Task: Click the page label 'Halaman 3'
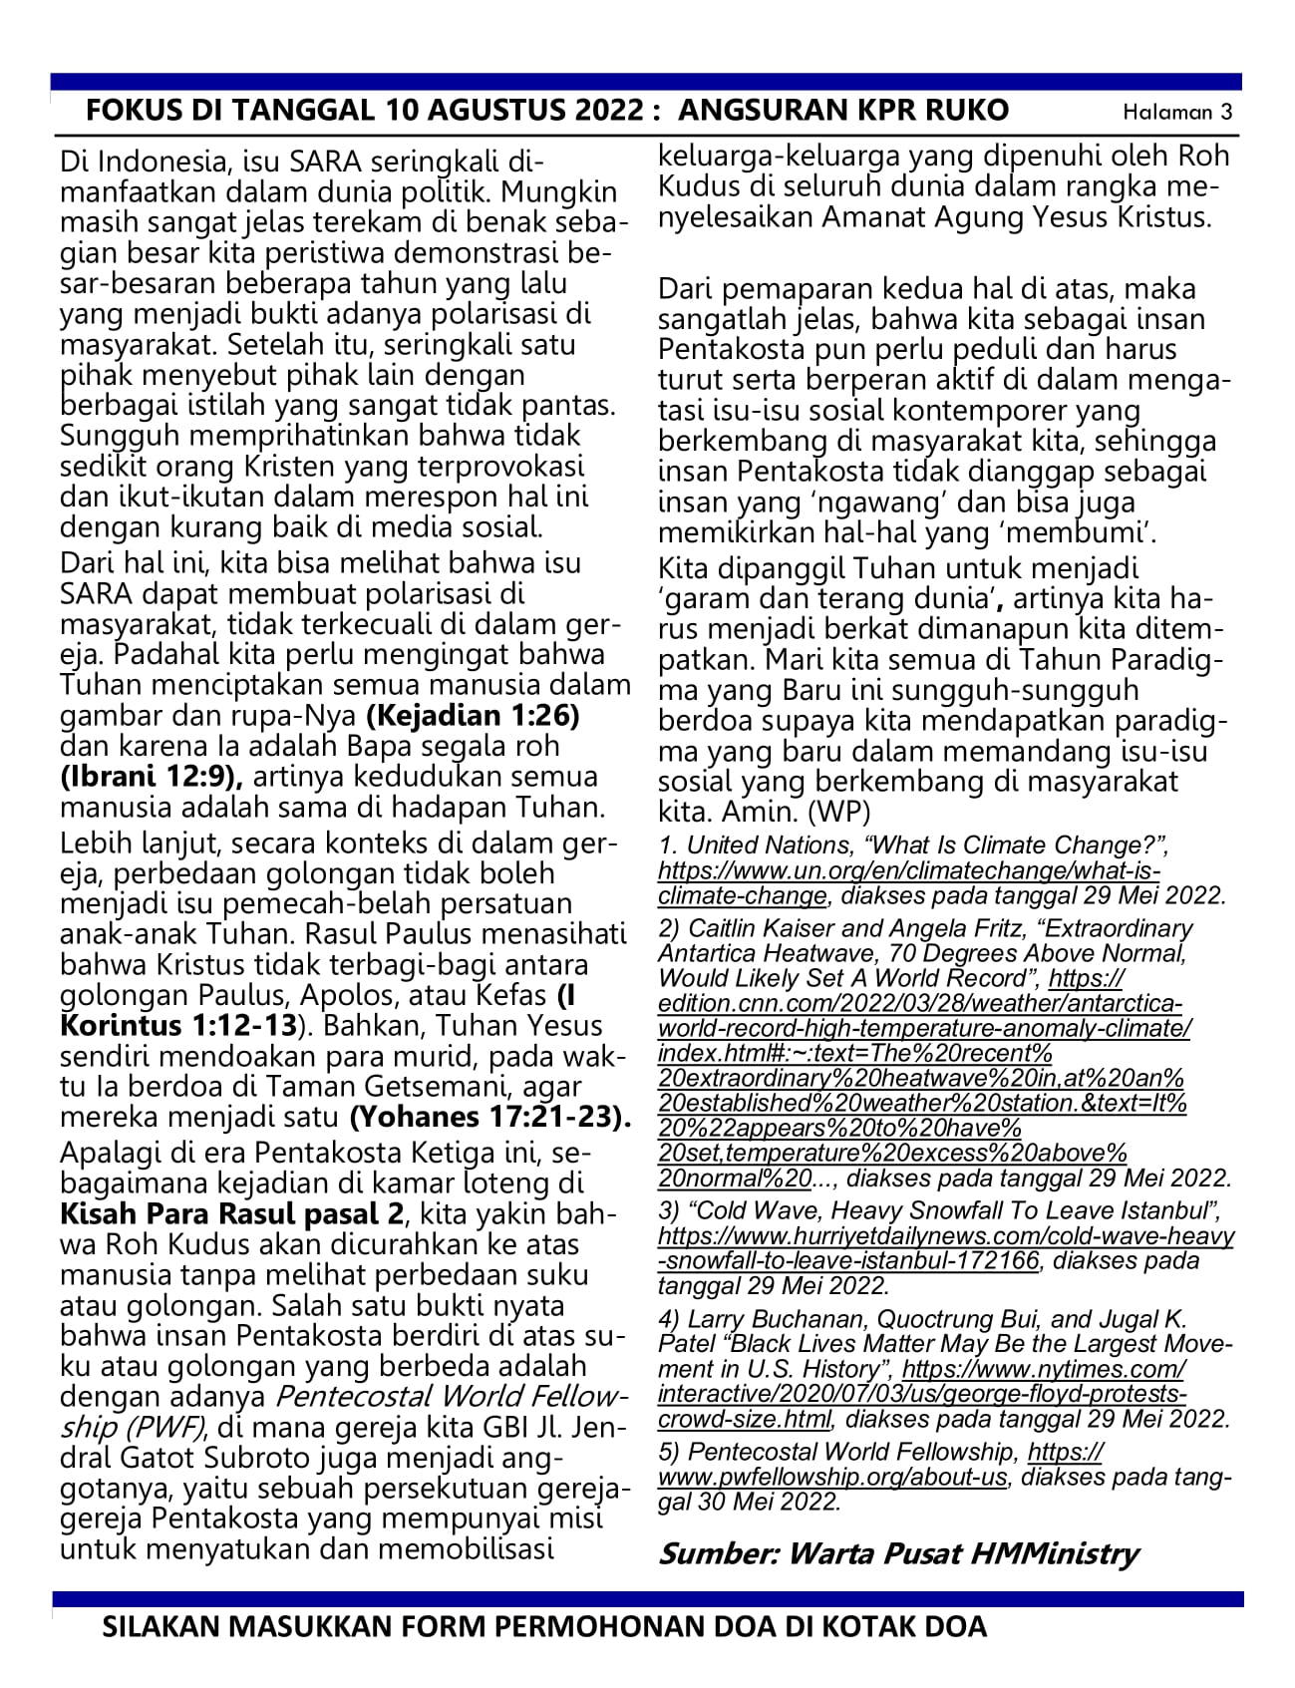pyautogui.click(x=1177, y=112)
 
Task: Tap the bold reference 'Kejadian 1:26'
pyautogui.click(x=474, y=716)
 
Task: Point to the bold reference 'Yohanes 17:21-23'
pyautogui.click(x=489, y=1116)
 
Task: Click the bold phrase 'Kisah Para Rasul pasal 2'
pyautogui.click(x=233, y=1214)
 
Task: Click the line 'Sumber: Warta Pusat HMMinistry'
pyautogui.click(x=898, y=1552)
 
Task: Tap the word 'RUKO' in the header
pyautogui.click(x=967, y=110)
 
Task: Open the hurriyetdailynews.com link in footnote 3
pyautogui.click(x=946, y=1236)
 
